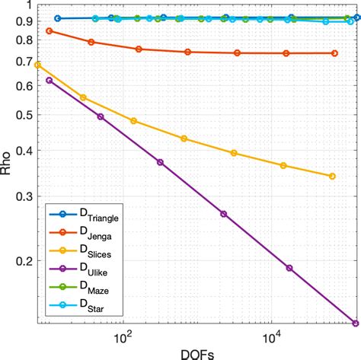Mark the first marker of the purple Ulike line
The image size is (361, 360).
pos(49,80)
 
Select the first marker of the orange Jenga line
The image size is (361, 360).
pos(49,30)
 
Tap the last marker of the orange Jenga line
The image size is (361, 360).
pos(335,53)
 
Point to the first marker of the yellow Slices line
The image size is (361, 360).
pos(37,65)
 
